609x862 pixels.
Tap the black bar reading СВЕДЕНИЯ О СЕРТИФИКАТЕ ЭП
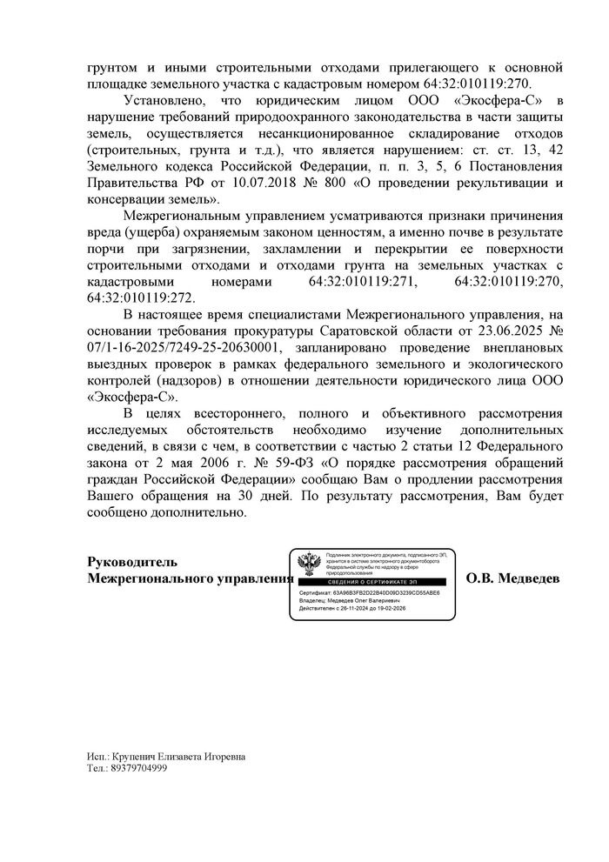coord(371,580)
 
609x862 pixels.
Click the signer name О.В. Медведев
coord(513,578)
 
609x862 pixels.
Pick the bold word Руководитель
coord(132,562)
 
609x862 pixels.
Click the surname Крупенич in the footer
coord(143,757)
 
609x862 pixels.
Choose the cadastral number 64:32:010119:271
coord(365,283)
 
